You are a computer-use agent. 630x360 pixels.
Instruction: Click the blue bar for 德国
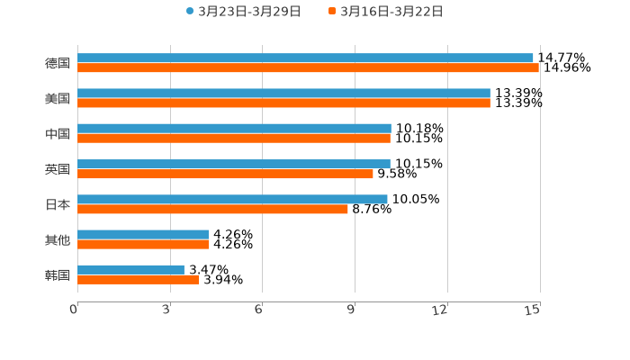[306, 58]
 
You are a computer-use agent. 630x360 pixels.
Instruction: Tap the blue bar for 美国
[283, 93]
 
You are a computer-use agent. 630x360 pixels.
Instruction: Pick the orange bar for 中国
[234, 139]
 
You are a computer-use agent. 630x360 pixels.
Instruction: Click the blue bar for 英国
[234, 164]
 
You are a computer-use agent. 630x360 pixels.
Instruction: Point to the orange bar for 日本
[212, 209]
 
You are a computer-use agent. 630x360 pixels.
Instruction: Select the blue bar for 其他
[143, 234]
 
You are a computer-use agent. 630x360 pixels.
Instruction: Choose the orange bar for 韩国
[139, 280]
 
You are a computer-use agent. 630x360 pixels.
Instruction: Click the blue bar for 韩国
[130, 269]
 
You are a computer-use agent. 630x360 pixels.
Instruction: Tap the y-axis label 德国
[58, 63]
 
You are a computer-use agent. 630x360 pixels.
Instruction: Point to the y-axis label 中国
[58, 133]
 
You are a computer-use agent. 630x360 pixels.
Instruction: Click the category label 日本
[58, 204]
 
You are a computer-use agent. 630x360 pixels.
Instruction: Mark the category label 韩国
[58, 274]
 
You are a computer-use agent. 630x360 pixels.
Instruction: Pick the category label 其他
[58, 239]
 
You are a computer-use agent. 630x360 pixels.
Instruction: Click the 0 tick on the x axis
[75, 310]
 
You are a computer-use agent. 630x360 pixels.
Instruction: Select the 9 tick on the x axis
[353, 310]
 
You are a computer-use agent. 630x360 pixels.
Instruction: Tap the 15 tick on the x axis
[533, 310]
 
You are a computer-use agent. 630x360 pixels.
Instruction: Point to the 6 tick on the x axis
[259, 310]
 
